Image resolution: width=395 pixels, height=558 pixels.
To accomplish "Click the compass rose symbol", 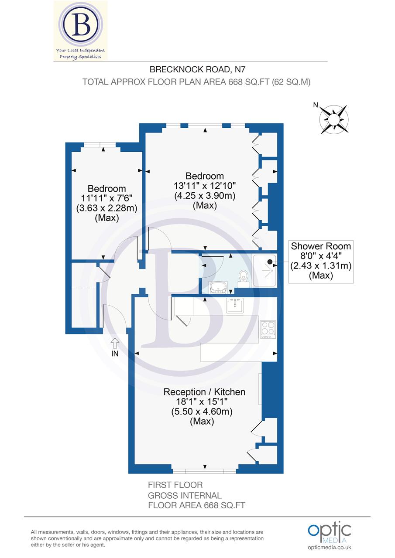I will click(x=334, y=119).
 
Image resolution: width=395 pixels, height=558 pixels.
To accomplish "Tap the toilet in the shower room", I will click(x=244, y=278).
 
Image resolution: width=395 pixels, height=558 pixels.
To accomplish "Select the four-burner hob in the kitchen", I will click(x=268, y=329).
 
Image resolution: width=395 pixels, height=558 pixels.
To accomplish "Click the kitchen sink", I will click(x=235, y=306).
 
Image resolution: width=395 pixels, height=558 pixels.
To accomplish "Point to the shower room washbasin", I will click(x=218, y=287).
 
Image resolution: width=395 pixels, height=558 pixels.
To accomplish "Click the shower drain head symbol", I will click(x=270, y=262).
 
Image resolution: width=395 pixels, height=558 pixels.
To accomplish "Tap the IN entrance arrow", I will click(x=115, y=344).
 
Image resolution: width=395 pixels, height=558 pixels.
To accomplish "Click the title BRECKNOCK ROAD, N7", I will click(x=194, y=69).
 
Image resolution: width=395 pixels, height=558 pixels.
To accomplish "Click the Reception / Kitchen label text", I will click(x=204, y=392).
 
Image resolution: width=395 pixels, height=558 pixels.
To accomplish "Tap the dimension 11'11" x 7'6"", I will click(x=107, y=198).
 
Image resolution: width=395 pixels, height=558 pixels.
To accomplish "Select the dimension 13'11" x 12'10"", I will click(x=205, y=186).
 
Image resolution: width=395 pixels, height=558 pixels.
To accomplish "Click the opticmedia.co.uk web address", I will click(x=329, y=548).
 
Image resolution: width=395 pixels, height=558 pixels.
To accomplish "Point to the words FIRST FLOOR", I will click(x=175, y=485).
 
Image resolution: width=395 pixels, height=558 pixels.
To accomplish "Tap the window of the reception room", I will click(x=204, y=471).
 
